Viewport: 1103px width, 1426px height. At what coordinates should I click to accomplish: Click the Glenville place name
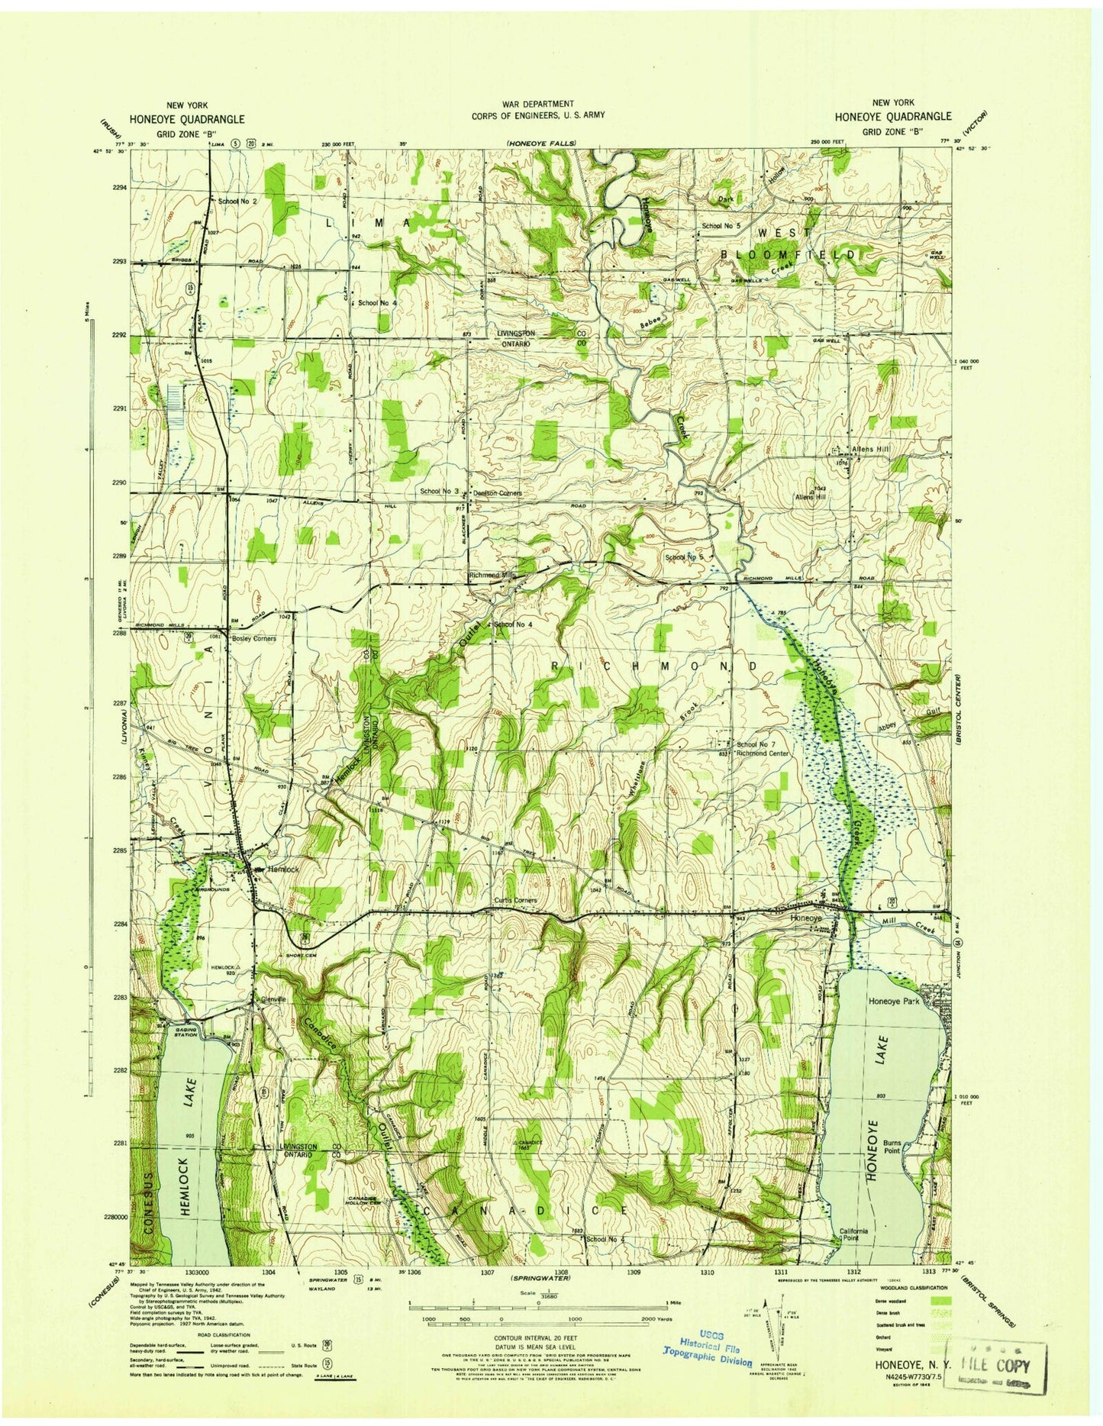pyautogui.click(x=273, y=999)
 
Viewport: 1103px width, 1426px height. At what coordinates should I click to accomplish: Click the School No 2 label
pyautogui.click(x=237, y=201)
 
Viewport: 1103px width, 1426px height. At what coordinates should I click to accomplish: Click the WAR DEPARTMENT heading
pyautogui.click(x=538, y=104)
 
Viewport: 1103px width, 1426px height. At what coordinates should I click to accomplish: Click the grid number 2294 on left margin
pyautogui.click(x=119, y=187)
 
